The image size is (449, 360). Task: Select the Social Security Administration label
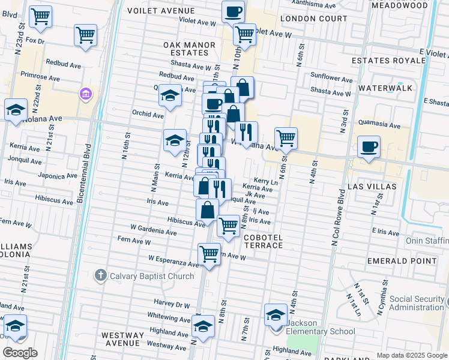[417, 303]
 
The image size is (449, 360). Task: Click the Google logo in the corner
[20, 352]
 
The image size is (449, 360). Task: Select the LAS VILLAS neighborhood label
[372, 187]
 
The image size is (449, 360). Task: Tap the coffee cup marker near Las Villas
[368, 146]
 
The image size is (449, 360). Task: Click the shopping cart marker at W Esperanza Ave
[208, 253]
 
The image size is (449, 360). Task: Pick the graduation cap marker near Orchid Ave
[170, 96]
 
